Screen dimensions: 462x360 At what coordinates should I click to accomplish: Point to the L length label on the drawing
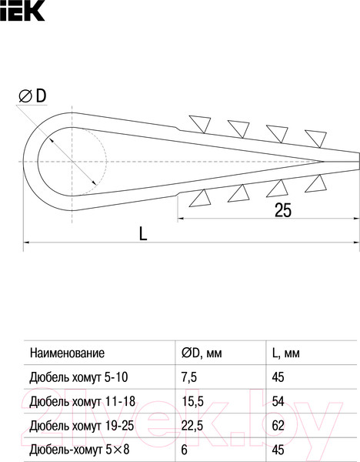(144, 233)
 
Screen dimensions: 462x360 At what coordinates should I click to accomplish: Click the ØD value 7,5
(190, 377)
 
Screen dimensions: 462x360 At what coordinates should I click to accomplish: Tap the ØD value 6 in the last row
(185, 449)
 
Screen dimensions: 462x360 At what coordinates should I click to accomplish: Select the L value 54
(280, 401)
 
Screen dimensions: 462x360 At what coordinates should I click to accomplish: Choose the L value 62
(280, 425)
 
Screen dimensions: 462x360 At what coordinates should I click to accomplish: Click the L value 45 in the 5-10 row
(280, 377)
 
